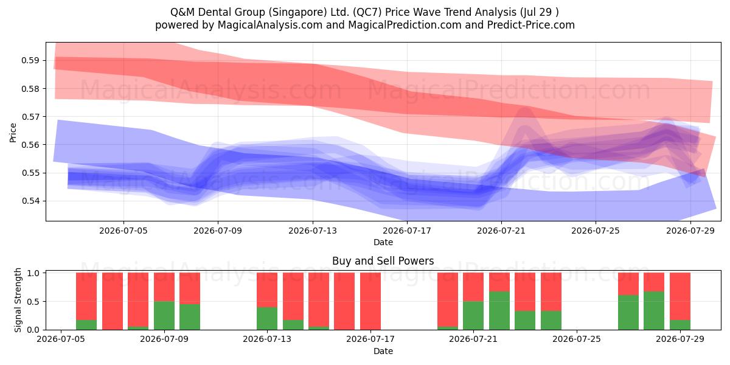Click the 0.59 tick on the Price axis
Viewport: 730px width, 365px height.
(x=30, y=61)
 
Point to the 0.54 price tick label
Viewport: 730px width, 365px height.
(x=30, y=201)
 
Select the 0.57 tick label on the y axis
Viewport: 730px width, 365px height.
(x=30, y=117)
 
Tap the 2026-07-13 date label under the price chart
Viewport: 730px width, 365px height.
(x=313, y=231)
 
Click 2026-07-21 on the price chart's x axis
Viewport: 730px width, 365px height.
(x=501, y=231)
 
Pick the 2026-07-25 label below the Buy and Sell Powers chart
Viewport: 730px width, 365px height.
(x=577, y=339)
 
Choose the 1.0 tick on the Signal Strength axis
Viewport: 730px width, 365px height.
(x=33, y=273)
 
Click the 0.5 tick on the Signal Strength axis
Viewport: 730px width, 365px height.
(x=33, y=302)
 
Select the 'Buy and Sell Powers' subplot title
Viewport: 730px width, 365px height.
(x=383, y=261)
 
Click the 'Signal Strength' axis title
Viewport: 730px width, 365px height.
(x=18, y=300)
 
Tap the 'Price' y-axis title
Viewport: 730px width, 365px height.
(x=13, y=133)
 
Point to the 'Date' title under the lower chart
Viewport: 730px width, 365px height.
(x=383, y=351)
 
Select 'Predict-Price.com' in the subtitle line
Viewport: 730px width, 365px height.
(x=531, y=25)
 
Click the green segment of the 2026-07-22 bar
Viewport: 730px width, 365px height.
(x=499, y=311)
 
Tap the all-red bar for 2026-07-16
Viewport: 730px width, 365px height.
(x=344, y=301)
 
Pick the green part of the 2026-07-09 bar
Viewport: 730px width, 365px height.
(x=164, y=316)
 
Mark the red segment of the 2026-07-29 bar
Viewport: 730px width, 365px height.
(x=680, y=296)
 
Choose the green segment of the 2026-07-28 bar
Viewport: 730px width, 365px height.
(x=654, y=311)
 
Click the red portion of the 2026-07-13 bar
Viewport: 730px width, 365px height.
(x=267, y=290)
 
